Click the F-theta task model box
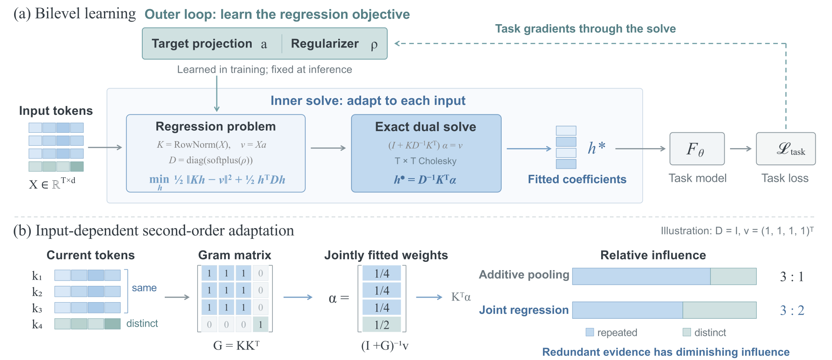pyautogui.click(x=697, y=149)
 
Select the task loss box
pyautogui.click(x=785, y=149)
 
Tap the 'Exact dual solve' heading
pyautogui.click(x=426, y=127)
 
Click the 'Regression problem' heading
pyautogui.click(x=215, y=126)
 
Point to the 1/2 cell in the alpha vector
pyautogui.click(x=381, y=325)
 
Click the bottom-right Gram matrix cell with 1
pyautogui.click(x=260, y=324)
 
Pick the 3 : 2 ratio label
pyautogui.click(x=792, y=310)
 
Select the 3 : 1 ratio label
pyautogui.click(x=792, y=276)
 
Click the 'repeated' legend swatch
pyautogui.click(x=589, y=332)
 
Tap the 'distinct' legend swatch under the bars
pyautogui.click(x=687, y=332)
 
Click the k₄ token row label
pyautogui.click(x=37, y=324)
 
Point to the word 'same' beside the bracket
pyautogui.click(x=144, y=288)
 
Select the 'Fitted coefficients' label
pyautogui.click(x=577, y=179)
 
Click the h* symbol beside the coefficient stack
pyautogui.click(x=597, y=148)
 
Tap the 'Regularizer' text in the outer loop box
pyautogui.click(x=324, y=44)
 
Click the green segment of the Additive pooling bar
pyautogui.click(x=733, y=276)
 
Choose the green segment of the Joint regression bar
pyautogui.click(x=719, y=310)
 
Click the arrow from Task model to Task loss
pyautogui.click(x=740, y=149)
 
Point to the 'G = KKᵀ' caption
pyautogui.click(x=236, y=345)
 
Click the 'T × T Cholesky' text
pyautogui.click(x=425, y=161)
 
